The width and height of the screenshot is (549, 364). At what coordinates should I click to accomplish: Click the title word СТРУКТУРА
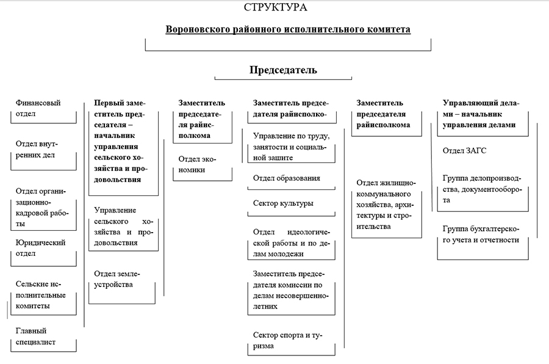pos(275,8)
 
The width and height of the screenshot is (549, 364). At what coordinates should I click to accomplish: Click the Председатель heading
pos(283,70)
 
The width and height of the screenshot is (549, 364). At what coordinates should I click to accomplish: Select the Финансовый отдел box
pos(38,108)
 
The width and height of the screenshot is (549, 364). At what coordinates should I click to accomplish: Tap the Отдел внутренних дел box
pos(38,149)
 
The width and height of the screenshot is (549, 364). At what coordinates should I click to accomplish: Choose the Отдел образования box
pos(287,178)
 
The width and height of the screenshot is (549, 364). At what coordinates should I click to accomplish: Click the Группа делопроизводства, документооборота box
pos(482,189)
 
